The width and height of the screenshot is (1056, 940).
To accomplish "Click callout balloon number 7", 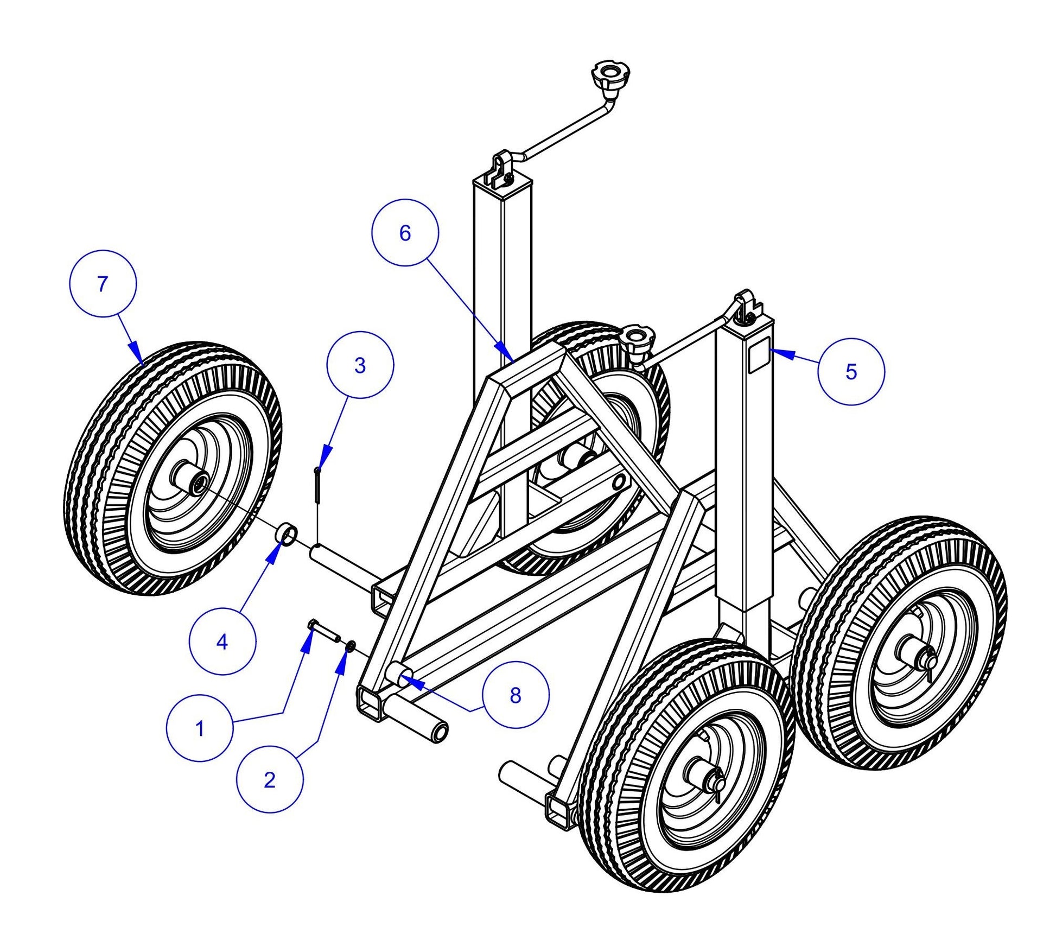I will point(103,284).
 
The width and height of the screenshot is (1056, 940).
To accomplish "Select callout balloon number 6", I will point(405,233).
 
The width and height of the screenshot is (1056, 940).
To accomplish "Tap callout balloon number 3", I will point(360,365).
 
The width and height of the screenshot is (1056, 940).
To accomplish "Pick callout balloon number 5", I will point(851,371).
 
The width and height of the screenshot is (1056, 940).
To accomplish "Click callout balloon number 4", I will point(222,642).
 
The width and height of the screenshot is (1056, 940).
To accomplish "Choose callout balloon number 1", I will point(200,728).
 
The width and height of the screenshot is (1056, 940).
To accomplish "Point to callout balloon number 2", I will point(270,779).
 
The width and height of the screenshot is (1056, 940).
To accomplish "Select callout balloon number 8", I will point(515,695).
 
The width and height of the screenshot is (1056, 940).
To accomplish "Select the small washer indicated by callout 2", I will point(351,645).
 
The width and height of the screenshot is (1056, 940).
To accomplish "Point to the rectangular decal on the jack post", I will point(759,356).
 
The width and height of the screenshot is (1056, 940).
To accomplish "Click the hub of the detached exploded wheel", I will point(198,482).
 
